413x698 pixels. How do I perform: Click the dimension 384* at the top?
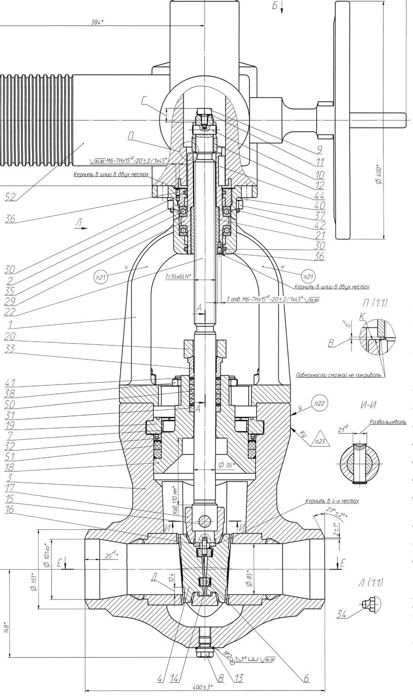click(x=96, y=22)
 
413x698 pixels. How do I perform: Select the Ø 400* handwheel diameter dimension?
click(x=377, y=174)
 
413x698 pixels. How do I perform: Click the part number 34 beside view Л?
click(x=342, y=616)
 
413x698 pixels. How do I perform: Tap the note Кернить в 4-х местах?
click(x=332, y=501)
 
